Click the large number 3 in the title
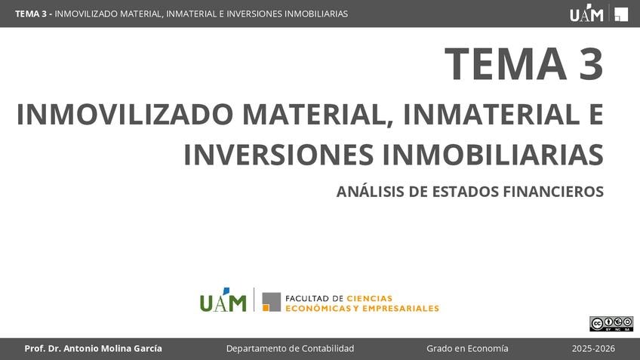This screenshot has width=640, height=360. pyautogui.click(x=591, y=63)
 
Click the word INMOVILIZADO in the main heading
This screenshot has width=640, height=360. pyautogui.click(x=125, y=115)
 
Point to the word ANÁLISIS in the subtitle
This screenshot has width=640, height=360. pyautogui.click(x=371, y=191)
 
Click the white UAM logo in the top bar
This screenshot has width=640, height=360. pyautogui.click(x=586, y=13)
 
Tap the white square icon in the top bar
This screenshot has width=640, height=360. pyautogui.click(x=621, y=14)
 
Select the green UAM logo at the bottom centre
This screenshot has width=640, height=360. pyautogui.click(x=223, y=300)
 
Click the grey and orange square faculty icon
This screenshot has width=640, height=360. pyautogui.click(x=272, y=302)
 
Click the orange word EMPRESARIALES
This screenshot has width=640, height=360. pyautogui.click(x=401, y=308)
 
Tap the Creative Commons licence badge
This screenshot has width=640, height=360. pyautogui.click(x=611, y=324)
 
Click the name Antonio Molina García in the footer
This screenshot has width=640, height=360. pyautogui.click(x=112, y=349)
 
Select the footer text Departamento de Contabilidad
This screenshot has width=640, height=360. pyautogui.click(x=291, y=349)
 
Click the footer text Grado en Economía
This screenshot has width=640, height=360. pyautogui.click(x=467, y=349)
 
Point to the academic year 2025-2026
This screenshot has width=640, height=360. pyautogui.click(x=593, y=349)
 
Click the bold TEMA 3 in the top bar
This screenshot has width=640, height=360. pyautogui.click(x=31, y=14)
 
